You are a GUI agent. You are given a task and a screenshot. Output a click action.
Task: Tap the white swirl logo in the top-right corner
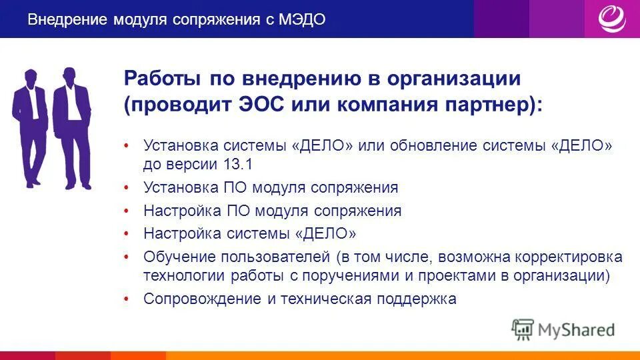[611, 19]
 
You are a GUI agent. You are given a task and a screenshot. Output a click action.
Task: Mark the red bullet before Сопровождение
[127, 299]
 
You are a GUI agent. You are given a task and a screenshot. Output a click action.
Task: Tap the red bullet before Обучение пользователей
[127, 257]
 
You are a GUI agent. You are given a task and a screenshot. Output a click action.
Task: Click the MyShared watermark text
[577, 329]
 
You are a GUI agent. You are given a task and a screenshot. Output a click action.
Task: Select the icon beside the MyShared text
[523, 329]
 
